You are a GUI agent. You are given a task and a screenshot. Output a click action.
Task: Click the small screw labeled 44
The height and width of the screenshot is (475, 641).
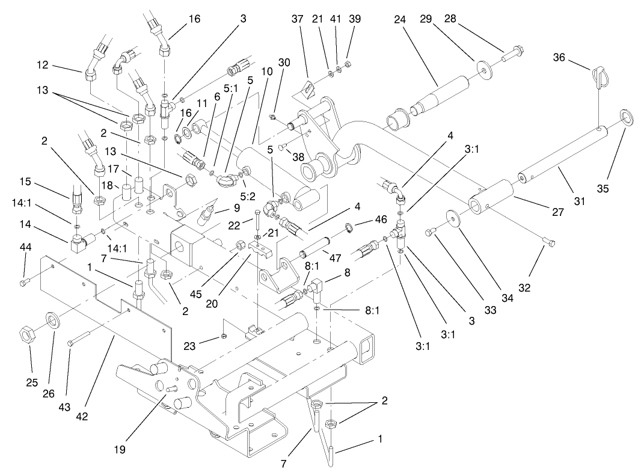click(x=23, y=281)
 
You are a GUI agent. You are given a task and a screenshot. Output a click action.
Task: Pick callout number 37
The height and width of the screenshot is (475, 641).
click(x=296, y=19)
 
